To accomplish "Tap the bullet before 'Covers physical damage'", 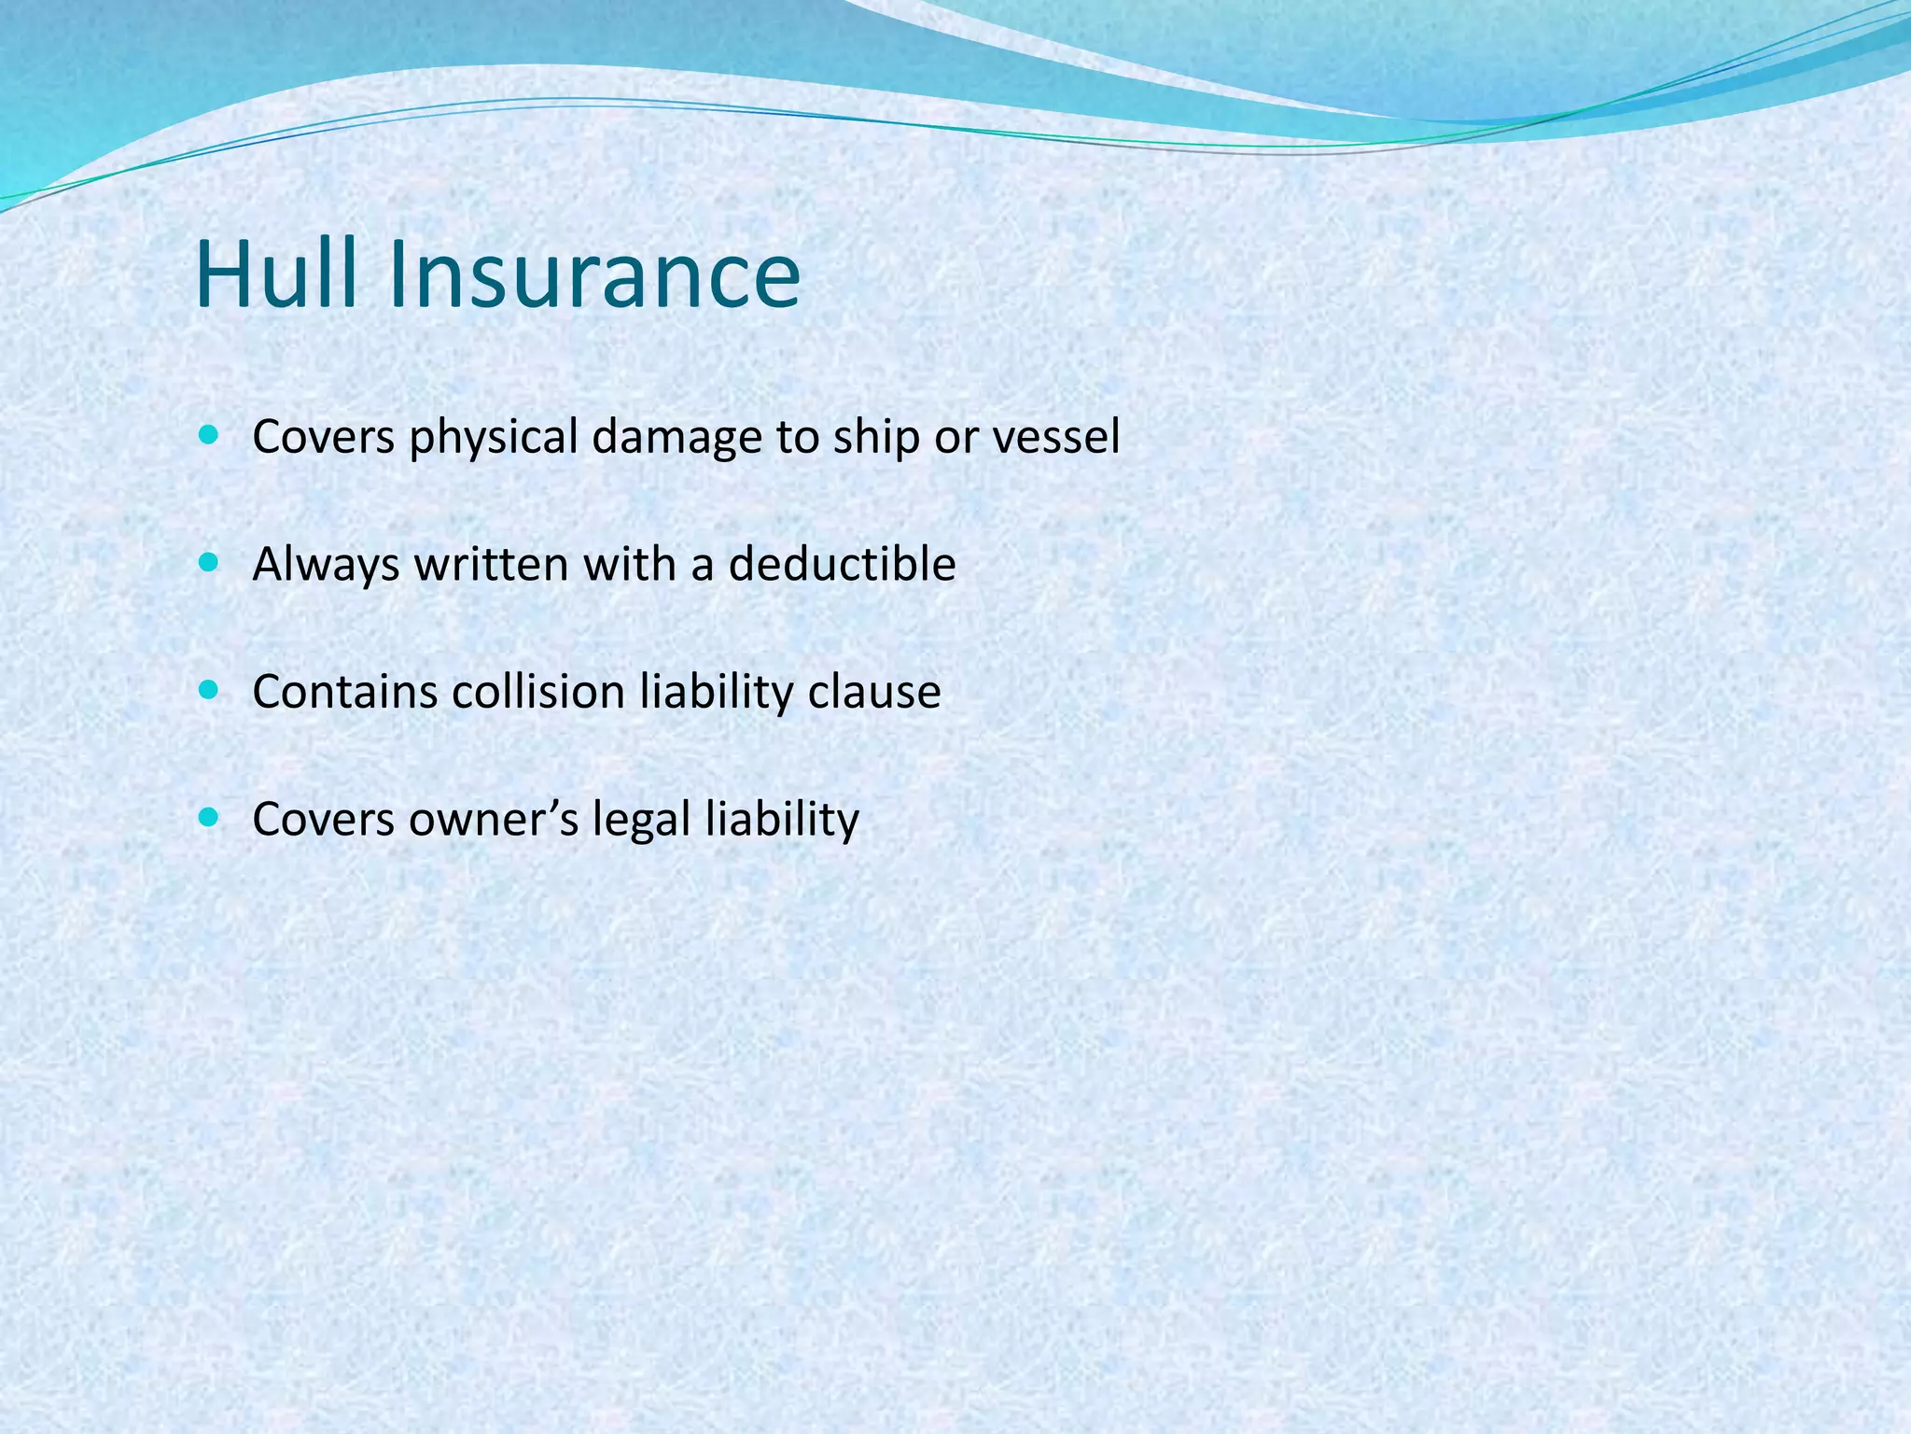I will [x=208, y=434].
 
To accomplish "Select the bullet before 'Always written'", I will [x=208, y=562].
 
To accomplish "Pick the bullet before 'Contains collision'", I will [x=208, y=690].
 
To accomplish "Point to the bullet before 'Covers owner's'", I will [x=208, y=818].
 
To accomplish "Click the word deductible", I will [x=842, y=564].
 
